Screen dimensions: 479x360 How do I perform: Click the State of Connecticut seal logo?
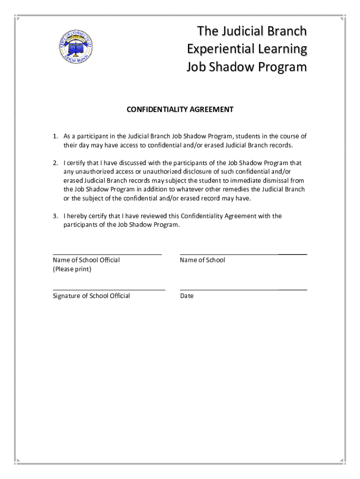tap(78, 47)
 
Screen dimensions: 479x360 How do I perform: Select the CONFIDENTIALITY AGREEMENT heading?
tap(180, 110)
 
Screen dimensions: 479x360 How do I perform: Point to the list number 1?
tap(55, 137)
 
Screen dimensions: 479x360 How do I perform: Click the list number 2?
tap(55, 163)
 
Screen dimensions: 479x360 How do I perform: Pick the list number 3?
tap(55, 216)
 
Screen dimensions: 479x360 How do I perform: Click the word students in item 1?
tap(248, 137)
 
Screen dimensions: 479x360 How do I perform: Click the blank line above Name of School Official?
tap(107, 254)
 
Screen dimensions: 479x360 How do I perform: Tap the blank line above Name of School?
tap(243, 254)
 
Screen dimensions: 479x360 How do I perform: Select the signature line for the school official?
tap(109, 290)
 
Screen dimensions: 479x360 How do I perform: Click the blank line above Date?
tap(243, 290)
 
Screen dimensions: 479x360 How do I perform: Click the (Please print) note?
tap(72, 269)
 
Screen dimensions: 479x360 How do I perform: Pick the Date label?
tap(187, 296)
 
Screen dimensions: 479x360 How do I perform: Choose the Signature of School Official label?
tap(91, 296)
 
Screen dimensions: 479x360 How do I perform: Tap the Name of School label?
tap(202, 261)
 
